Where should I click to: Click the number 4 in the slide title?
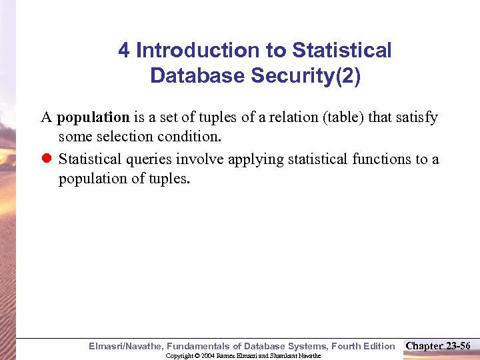(124, 51)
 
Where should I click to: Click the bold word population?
(93, 117)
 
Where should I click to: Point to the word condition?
(191, 137)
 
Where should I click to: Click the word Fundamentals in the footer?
(197, 346)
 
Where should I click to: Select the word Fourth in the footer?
(337, 346)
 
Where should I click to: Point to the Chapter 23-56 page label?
(437, 345)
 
